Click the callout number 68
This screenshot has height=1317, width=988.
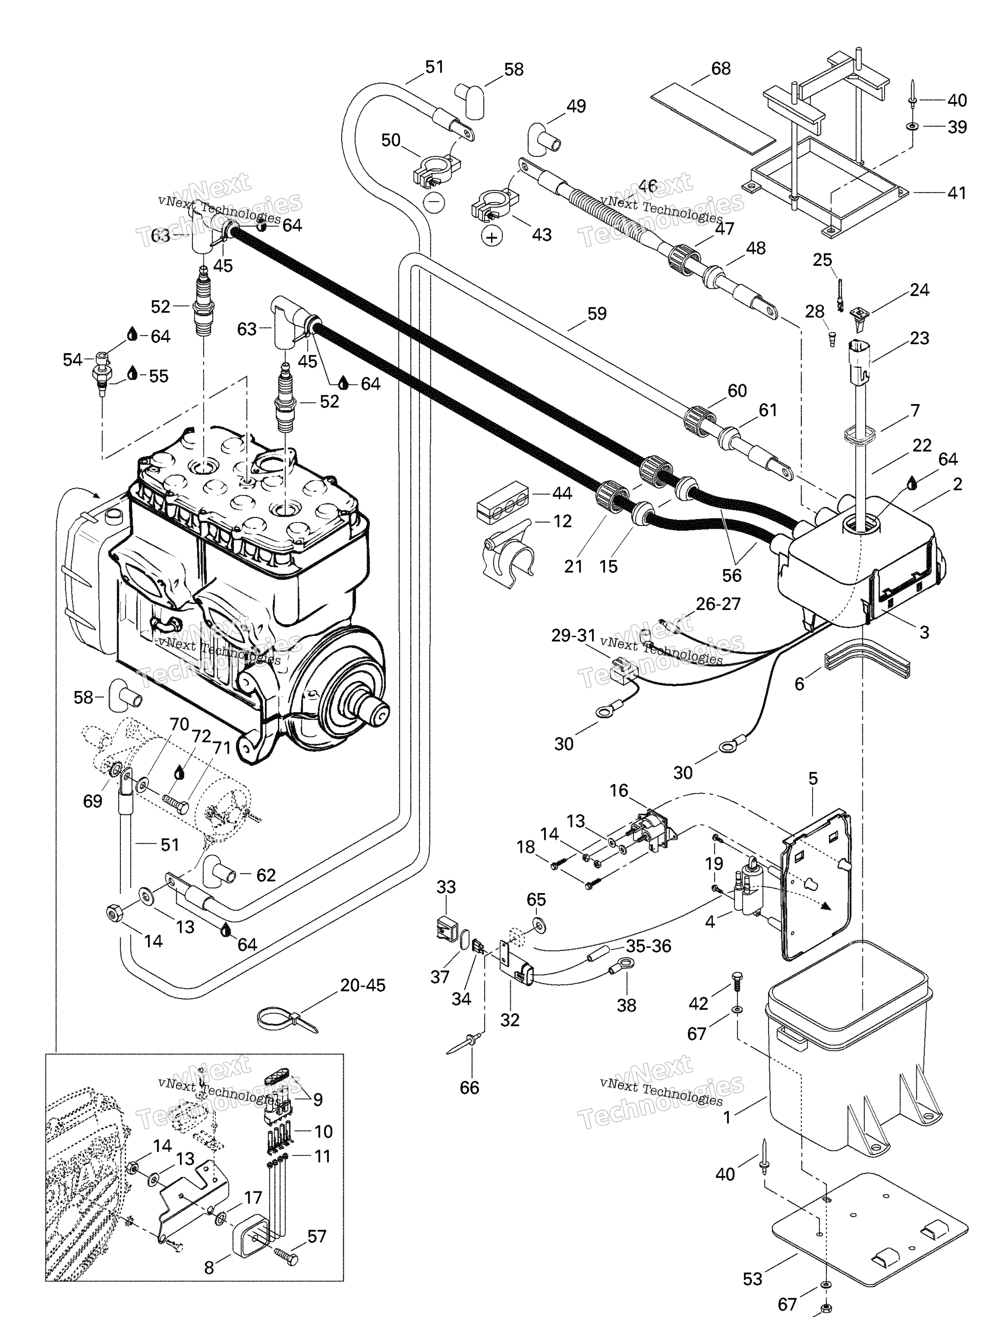pos(720,69)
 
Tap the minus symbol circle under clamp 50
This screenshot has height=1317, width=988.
pos(434,202)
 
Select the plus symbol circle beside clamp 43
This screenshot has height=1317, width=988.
pos(491,238)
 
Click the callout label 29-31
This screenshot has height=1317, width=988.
pos(573,635)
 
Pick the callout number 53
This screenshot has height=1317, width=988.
pos(752,1279)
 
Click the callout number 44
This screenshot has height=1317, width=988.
pos(562,493)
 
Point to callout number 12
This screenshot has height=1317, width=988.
pos(562,522)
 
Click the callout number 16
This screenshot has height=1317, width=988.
pos(619,790)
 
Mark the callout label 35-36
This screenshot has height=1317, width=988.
pos(648,946)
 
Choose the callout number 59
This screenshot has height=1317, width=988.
pos(597,314)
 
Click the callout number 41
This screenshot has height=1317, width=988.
pos(956,193)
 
